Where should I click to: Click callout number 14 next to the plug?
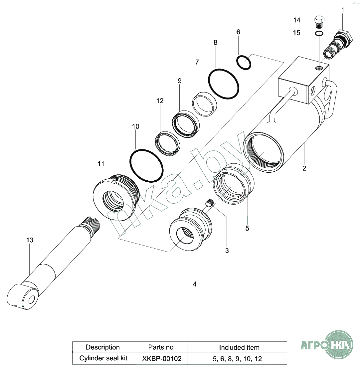pyautogui.click(x=297, y=20)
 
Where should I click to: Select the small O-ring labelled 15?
pyautogui.click(x=319, y=33)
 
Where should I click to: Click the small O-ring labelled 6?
pyautogui.click(x=244, y=62)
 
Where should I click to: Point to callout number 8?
pyautogui.click(x=216, y=43)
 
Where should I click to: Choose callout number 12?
pyautogui.click(x=160, y=101)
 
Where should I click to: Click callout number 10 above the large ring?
pyautogui.click(x=135, y=126)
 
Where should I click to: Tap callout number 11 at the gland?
pyautogui.click(x=101, y=164)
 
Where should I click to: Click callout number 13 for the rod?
pyautogui.click(x=30, y=240)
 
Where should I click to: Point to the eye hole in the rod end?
pyautogui.click(x=32, y=299)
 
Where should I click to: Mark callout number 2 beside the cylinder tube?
pyautogui.click(x=304, y=168)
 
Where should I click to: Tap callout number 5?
pyautogui.click(x=247, y=228)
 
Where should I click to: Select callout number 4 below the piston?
pyautogui.click(x=195, y=284)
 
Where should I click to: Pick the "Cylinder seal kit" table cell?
pyautogui.click(x=103, y=358)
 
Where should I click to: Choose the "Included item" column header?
pyautogui.click(x=239, y=347)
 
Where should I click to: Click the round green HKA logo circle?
pyautogui.click(x=339, y=345)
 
